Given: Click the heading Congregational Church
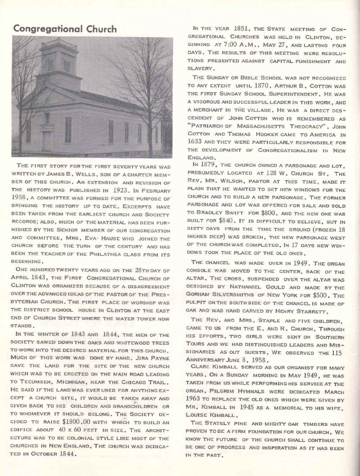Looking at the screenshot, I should (x=65, y=29).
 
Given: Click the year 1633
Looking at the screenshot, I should (x=197, y=141).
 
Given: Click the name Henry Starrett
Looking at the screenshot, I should (x=305, y=311).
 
